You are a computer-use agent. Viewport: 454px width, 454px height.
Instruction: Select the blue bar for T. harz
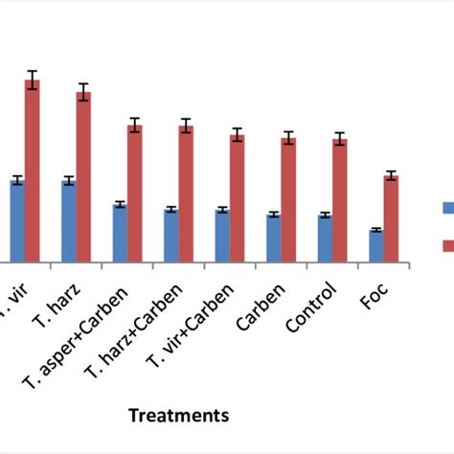tap(69, 220)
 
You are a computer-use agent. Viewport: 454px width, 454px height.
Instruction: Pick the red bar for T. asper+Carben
tap(135, 193)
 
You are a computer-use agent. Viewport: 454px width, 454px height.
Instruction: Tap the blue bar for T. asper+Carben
tap(120, 233)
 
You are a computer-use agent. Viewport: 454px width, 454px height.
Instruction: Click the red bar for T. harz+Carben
tap(186, 193)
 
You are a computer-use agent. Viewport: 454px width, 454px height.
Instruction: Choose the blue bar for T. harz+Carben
tap(170, 235)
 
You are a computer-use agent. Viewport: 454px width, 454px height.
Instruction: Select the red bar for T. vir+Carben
tap(237, 198)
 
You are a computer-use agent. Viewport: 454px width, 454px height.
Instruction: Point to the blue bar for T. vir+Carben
tap(222, 235)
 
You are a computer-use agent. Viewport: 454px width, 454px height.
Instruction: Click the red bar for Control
tap(339, 200)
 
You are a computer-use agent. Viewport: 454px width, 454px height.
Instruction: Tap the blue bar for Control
tap(325, 238)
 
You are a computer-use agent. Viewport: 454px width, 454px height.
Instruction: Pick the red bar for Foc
tap(391, 218)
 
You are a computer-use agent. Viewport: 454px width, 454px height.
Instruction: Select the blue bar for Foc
tap(376, 245)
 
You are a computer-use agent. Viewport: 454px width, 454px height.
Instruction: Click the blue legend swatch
tap(447, 208)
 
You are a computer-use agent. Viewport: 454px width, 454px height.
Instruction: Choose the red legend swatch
tap(447, 246)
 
